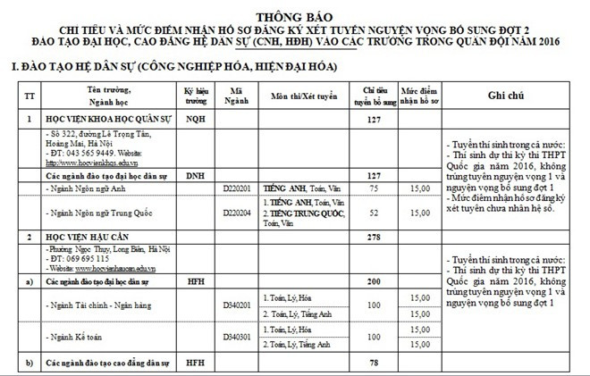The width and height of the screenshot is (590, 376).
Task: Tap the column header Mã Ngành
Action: tap(236, 96)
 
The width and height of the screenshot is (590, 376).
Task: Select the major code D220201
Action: tap(237, 189)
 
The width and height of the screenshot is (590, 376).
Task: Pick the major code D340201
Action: tap(237, 305)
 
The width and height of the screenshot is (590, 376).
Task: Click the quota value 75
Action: tap(374, 189)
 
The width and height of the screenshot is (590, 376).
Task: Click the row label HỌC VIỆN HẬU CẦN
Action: tap(89, 237)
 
